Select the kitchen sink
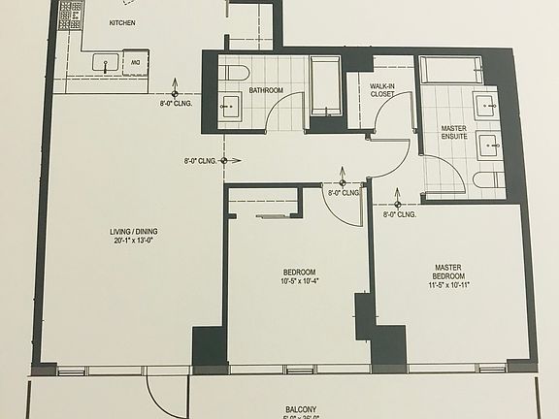point(106,64)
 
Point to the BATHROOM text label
point(266,90)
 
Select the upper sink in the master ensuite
point(484,106)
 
